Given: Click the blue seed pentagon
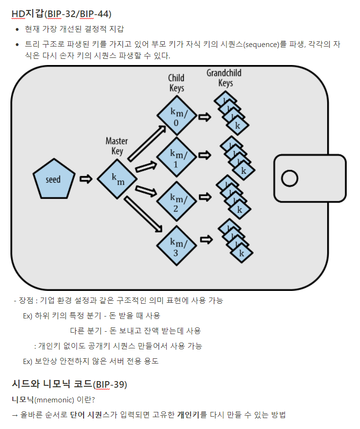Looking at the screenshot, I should click(x=53, y=179).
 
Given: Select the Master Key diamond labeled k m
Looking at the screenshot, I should click(x=117, y=179).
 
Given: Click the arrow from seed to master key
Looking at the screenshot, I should click(x=85, y=179).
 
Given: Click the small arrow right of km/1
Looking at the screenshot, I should click(x=205, y=155).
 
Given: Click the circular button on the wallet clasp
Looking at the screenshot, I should click(x=289, y=178).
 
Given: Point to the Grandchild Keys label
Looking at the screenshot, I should click(x=224, y=78).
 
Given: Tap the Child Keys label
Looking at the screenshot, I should click(x=176, y=83).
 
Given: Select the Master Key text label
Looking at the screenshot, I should click(x=117, y=146).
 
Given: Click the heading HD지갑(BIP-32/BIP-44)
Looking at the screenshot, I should click(x=61, y=14).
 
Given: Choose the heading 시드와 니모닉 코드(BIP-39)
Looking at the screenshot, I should click(x=69, y=384).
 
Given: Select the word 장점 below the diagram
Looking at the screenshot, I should click(x=26, y=300).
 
